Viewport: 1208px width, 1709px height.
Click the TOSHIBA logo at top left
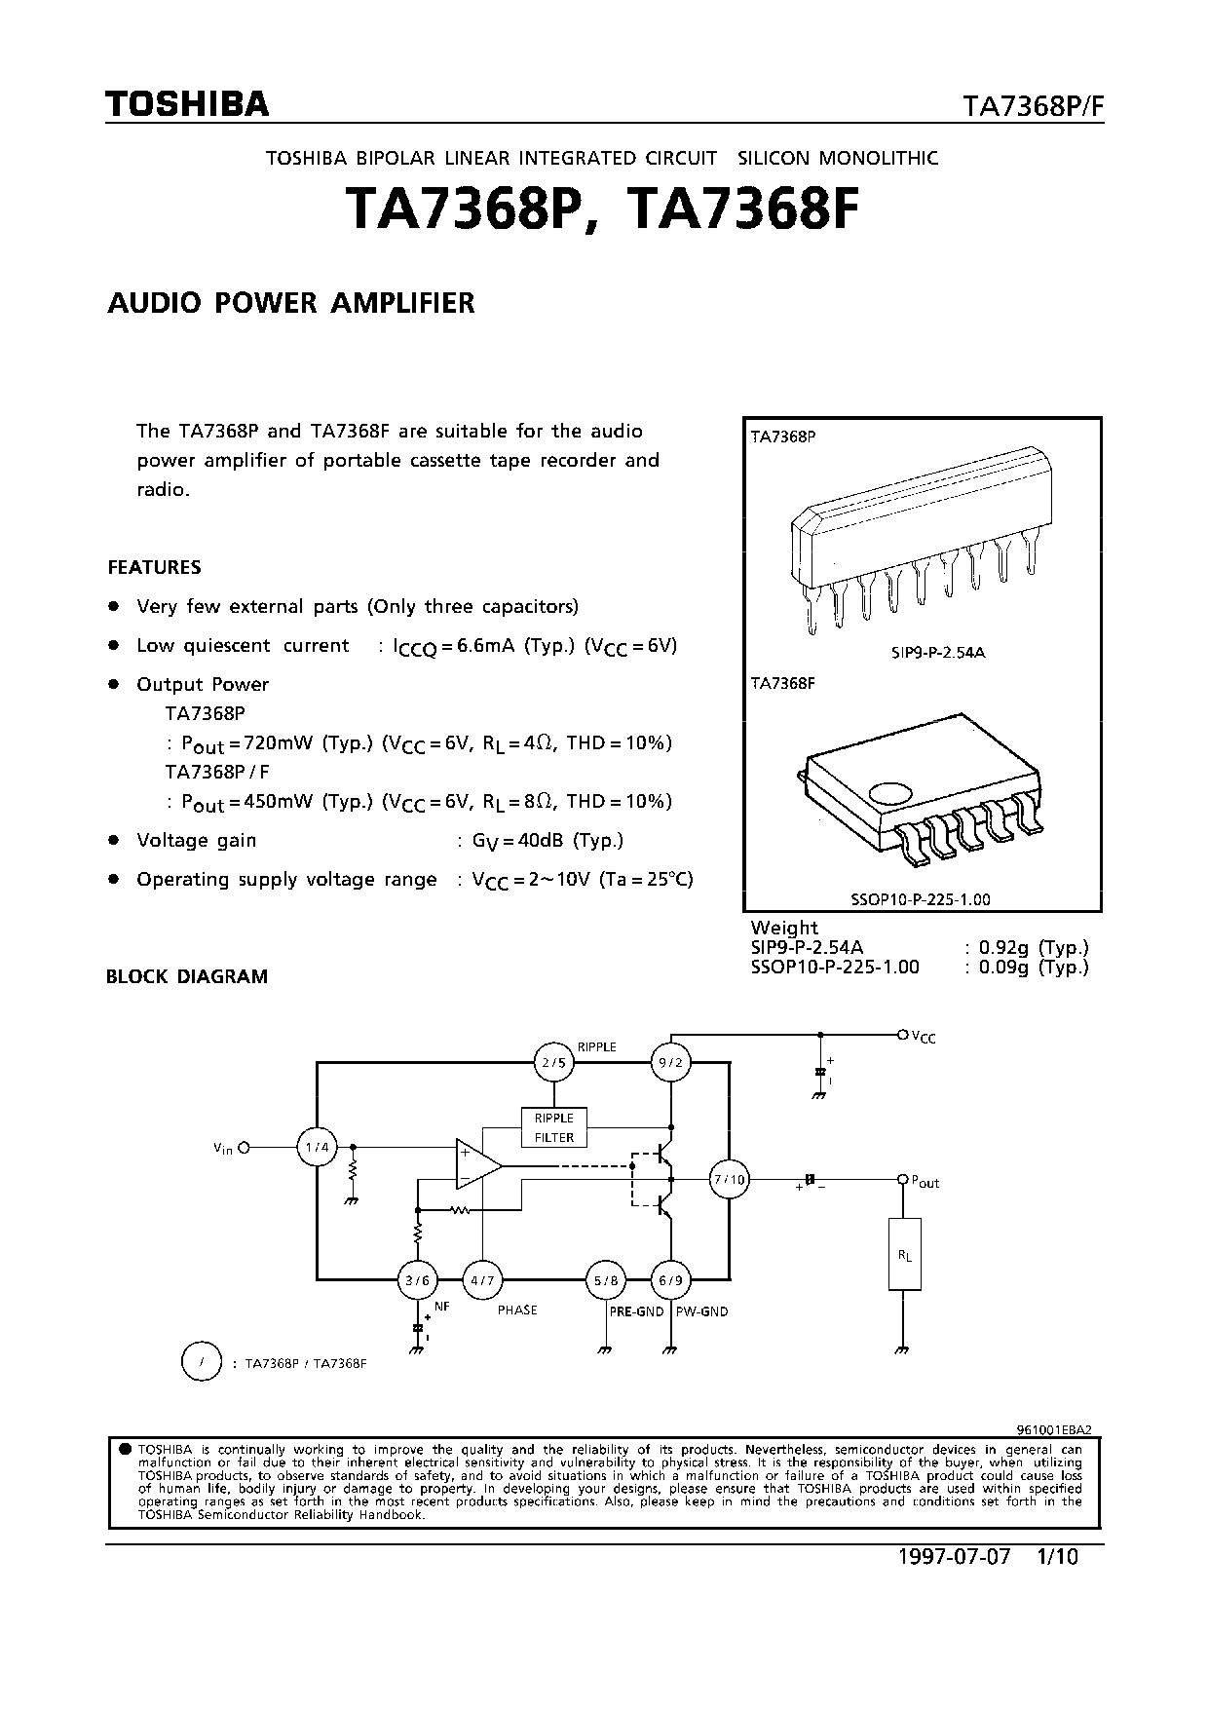point(187,104)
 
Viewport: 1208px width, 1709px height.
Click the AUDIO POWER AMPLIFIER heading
point(290,303)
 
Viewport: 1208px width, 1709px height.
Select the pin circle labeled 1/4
point(317,1148)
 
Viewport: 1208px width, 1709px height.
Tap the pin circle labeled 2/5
point(553,1063)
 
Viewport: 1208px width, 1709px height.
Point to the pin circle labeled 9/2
point(670,1063)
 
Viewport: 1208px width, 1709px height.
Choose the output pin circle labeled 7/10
point(729,1180)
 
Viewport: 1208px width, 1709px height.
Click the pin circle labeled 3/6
point(418,1280)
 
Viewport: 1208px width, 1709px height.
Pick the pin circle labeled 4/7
point(481,1280)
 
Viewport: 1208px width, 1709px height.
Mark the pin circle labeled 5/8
point(604,1280)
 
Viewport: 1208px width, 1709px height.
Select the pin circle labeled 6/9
point(670,1280)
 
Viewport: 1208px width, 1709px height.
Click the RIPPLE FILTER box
point(553,1127)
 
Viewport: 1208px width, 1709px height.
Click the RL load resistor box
point(904,1255)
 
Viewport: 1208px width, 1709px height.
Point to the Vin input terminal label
point(223,1149)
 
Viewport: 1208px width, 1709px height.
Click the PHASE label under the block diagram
point(517,1310)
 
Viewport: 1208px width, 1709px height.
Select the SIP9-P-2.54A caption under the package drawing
point(937,652)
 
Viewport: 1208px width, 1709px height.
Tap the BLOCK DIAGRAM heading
point(186,976)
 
